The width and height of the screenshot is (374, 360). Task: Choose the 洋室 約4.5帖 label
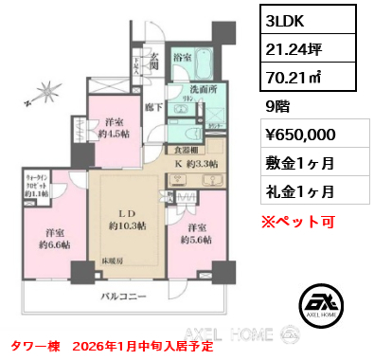[x=116, y=128]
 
